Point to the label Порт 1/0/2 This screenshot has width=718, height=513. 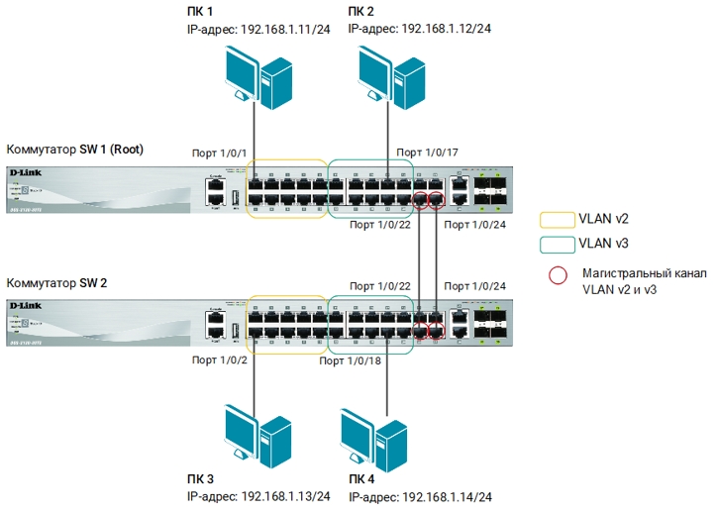coord(218,361)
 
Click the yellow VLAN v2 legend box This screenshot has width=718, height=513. coord(554,218)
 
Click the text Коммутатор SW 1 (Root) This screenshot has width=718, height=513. coord(75,150)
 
